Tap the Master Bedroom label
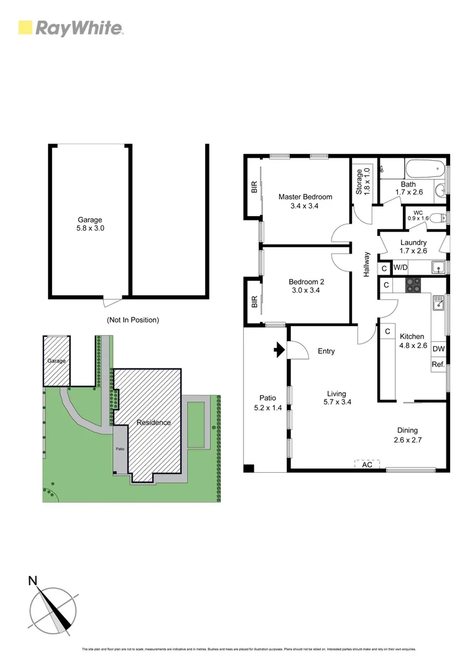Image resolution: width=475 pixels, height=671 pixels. click(x=305, y=201)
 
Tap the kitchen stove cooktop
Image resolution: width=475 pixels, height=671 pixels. click(x=413, y=285)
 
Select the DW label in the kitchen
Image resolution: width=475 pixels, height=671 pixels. click(x=438, y=349)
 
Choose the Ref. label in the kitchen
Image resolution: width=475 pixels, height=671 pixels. click(x=438, y=365)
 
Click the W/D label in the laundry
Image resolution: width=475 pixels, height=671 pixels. click(x=401, y=268)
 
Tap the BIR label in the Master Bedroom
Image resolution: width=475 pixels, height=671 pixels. click(x=254, y=187)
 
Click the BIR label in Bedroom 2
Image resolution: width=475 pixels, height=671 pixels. click(x=254, y=303)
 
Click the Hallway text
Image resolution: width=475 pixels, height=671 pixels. click(x=367, y=263)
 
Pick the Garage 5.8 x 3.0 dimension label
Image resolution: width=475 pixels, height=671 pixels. click(x=90, y=224)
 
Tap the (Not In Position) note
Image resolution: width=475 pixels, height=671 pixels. click(x=132, y=320)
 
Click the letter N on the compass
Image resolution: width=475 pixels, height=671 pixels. click(x=32, y=581)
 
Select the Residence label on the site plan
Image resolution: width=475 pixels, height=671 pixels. click(x=154, y=422)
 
